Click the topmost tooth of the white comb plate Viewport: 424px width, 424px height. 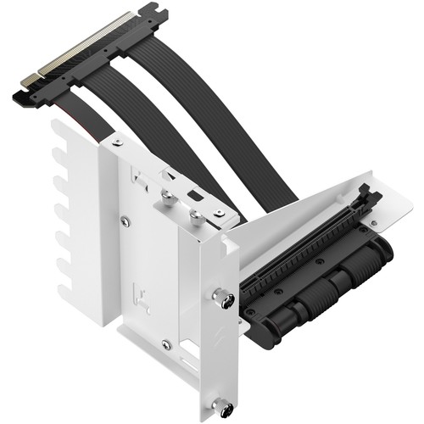click(62, 141)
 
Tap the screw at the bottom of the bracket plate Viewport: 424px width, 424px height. click(167, 345)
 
